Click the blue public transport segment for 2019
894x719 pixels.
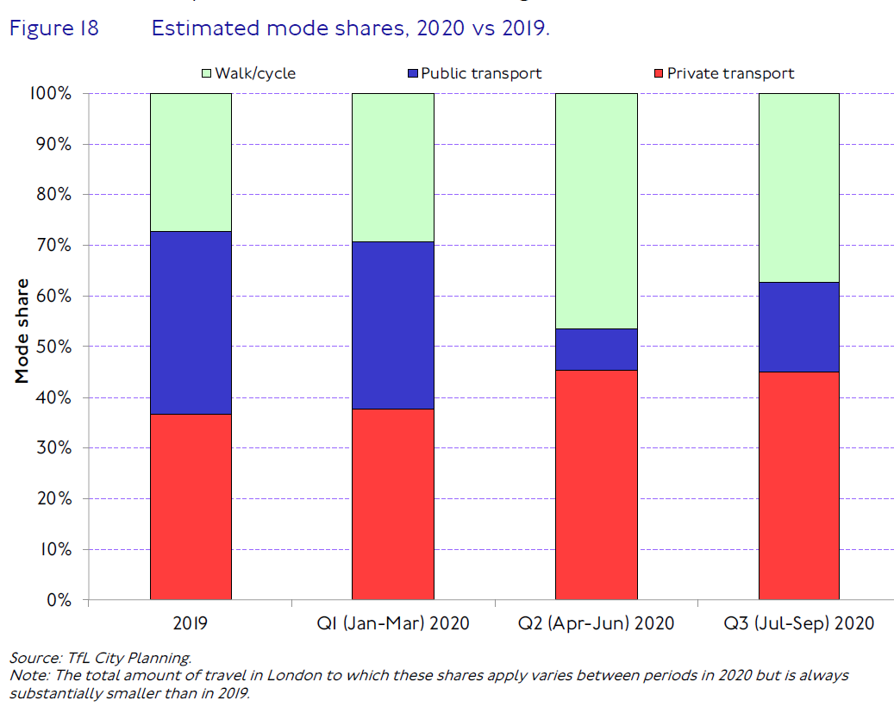pyautogui.click(x=191, y=322)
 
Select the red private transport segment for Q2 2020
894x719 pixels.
pyautogui.click(x=596, y=485)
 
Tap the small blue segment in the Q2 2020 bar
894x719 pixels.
pyautogui.click(x=596, y=349)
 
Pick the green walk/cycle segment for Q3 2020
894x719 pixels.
pyautogui.click(x=798, y=187)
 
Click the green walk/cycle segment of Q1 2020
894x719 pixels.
pyautogui.click(x=392, y=167)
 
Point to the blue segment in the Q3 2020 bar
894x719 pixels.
pyautogui.click(x=798, y=327)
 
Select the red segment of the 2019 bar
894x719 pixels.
pyautogui.click(x=191, y=506)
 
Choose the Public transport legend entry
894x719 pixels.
pyautogui.click(x=473, y=74)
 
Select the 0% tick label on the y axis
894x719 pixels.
pyautogui.click(x=59, y=600)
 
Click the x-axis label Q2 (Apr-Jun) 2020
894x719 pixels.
pyautogui.click(x=596, y=623)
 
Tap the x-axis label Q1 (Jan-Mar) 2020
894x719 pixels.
pyautogui.click(x=392, y=623)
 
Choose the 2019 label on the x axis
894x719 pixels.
pyautogui.click(x=191, y=623)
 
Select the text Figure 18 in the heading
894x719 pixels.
pyautogui.click(x=53, y=28)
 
